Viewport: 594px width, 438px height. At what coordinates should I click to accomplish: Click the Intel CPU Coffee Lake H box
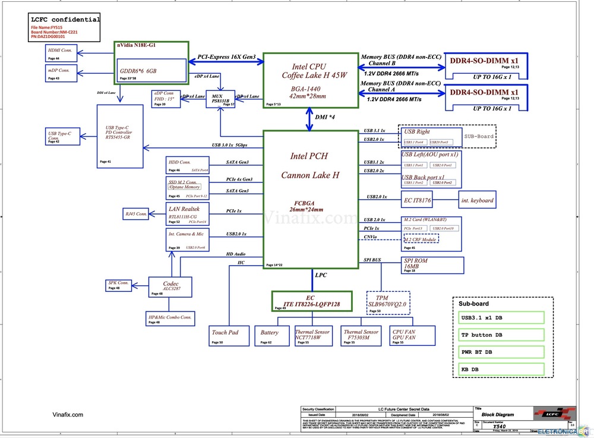(x=311, y=80)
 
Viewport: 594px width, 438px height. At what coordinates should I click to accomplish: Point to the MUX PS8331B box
(x=220, y=99)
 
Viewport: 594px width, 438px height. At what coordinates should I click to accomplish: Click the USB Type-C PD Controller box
(x=119, y=135)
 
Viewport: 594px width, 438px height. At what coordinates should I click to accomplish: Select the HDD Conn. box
(x=188, y=165)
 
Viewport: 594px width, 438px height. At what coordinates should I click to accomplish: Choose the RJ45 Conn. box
(x=136, y=214)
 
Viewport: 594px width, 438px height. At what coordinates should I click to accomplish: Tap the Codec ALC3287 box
(x=170, y=287)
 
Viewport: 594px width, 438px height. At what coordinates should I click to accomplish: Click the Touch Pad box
(x=225, y=339)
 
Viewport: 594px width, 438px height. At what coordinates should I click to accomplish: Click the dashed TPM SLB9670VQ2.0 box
(x=388, y=302)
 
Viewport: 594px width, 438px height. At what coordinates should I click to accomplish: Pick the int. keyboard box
(x=476, y=200)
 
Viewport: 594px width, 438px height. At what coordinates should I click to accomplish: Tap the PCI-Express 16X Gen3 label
(x=226, y=57)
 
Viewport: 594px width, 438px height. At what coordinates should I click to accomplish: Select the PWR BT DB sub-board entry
(x=501, y=352)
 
